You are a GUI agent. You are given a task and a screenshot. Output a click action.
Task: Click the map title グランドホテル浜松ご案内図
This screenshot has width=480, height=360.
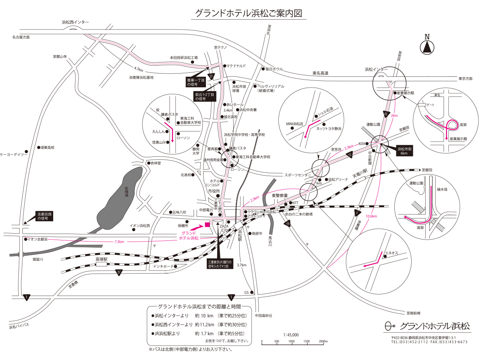click(248, 13)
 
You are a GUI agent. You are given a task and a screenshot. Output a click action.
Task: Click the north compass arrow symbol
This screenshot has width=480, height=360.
click(427, 47)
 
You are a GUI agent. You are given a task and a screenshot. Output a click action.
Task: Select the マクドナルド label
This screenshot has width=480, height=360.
click(236, 66)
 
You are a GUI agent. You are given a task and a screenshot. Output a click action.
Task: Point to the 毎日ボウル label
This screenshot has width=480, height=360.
click(274, 69)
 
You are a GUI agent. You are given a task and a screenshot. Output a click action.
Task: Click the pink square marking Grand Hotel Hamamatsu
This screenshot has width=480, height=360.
click(207, 224)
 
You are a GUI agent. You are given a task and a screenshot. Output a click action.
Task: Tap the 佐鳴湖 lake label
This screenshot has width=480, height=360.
click(126, 192)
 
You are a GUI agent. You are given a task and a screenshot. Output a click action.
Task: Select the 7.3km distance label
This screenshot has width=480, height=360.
click(119, 242)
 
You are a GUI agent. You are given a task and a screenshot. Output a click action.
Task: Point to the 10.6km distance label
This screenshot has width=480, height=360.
click(371, 216)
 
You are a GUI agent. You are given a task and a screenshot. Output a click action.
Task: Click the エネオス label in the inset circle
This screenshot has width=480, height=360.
click(392, 253)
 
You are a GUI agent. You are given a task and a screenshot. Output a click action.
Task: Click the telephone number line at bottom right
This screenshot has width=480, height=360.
click(429, 342)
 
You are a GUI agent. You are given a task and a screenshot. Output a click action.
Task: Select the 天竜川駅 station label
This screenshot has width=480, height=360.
click(359, 176)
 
